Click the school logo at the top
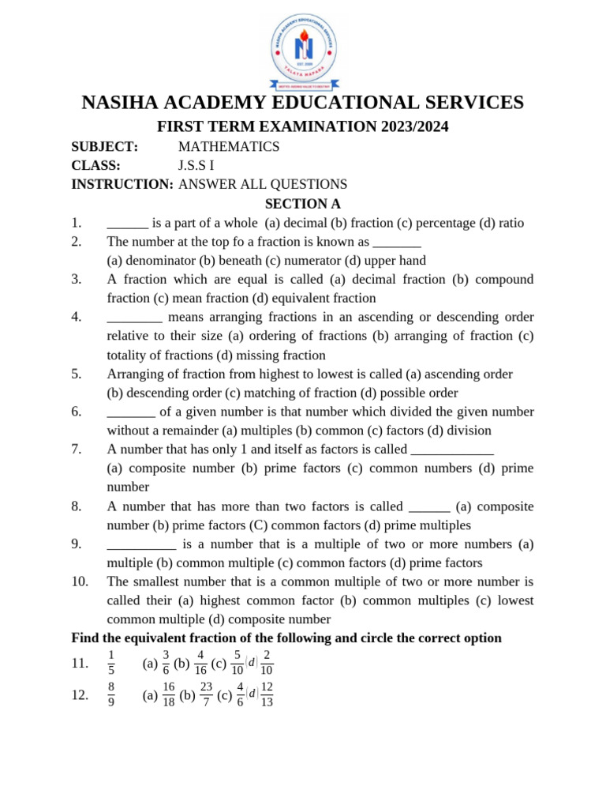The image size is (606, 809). [x=303, y=49]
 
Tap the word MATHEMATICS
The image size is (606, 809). [x=229, y=146]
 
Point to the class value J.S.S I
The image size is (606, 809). [x=196, y=165]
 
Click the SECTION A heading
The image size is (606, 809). [x=302, y=204]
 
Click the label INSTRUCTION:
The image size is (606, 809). [x=122, y=184]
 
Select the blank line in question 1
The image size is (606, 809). [x=127, y=224]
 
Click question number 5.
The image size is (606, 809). [x=77, y=374]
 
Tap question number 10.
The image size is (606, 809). [x=80, y=581]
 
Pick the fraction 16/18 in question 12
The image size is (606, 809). [x=169, y=694]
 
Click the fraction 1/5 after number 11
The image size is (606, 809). [x=111, y=663]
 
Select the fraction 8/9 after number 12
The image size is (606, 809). [x=111, y=694]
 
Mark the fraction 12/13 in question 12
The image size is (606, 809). [x=267, y=694]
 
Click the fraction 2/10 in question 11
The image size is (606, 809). [x=267, y=663]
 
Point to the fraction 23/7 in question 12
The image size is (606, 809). [x=206, y=694]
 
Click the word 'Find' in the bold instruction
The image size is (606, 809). [x=86, y=638]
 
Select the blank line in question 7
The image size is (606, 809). [x=452, y=450]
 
